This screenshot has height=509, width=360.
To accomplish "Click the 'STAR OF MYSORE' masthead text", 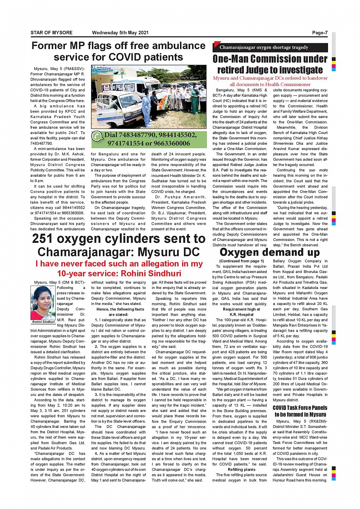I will pyautogui.click(x=51, y=33).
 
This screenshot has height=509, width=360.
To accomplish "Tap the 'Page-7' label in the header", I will pyautogui.click(x=320, y=33).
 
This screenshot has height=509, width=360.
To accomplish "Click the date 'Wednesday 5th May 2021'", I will pyautogui.click(x=120, y=33).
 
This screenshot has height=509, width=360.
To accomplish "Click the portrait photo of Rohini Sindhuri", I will pyautogui.click(x=43, y=303).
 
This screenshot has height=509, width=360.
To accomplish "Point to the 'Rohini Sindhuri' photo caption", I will pyautogui.click(x=43, y=322).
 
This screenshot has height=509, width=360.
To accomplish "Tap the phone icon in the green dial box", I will pyautogui.click(x=98, y=136).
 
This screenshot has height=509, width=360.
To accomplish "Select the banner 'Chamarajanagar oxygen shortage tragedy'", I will pyautogui.click(x=264, y=48).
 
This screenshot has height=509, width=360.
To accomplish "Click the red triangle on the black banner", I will pyautogui.click(x=216, y=44).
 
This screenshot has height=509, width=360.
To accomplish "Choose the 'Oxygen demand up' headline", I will pyautogui.click(x=270, y=252).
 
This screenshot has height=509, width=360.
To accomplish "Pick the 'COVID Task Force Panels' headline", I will pyautogui.click(x=300, y=408).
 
